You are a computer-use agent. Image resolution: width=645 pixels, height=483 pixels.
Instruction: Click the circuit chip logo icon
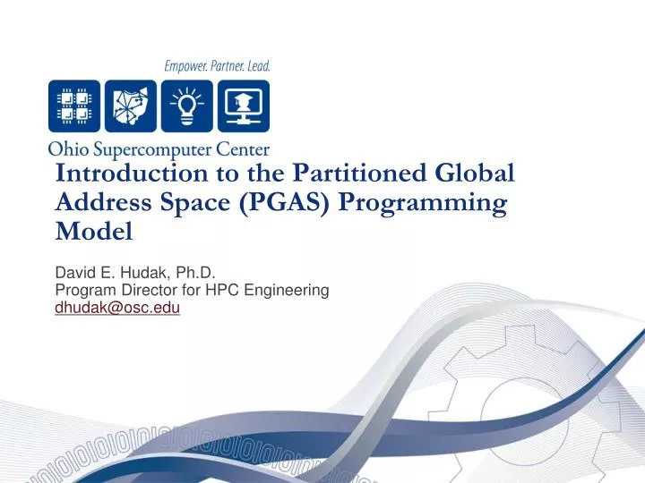[x=74, y=106]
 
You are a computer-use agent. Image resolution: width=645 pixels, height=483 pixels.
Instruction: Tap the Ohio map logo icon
[x=131, y=106]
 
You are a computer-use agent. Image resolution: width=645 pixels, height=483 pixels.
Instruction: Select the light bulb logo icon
[x=186, y=106]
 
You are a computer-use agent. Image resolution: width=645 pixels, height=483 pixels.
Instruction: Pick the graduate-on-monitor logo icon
[x=242, y=106]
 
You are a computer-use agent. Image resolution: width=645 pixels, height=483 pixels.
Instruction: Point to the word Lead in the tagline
[x=257, y=66]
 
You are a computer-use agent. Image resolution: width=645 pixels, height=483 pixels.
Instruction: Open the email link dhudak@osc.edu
[x=117, y=308]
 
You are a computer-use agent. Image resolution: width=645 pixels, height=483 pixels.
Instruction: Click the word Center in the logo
[x=239, y=149]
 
